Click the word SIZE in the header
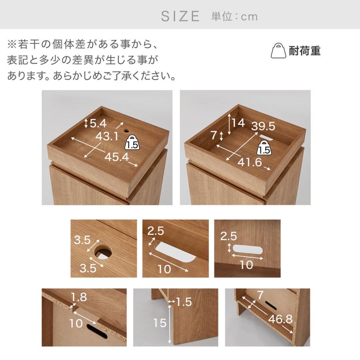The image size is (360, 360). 180,16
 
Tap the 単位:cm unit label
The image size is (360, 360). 234,16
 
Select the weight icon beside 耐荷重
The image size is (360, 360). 278,51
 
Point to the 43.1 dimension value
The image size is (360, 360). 107,136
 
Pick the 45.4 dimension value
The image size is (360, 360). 117,157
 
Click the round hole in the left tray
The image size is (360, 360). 126,131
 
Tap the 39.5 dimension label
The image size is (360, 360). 263,126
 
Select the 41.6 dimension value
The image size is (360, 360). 250,162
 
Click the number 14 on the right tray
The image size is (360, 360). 238,123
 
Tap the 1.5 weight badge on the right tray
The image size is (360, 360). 264,148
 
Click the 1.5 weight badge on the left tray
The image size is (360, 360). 132,142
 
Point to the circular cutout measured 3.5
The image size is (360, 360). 103,252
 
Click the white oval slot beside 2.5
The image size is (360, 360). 248,249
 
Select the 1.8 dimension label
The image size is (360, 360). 79,297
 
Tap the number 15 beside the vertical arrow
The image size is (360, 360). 160,323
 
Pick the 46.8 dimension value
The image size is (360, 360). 280,319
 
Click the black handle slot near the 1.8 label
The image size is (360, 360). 97,331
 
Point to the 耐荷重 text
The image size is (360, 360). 304,51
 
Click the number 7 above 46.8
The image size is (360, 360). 260,295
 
